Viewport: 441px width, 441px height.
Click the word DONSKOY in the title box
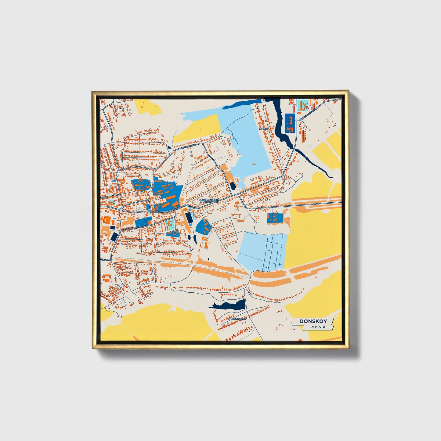point(313,321)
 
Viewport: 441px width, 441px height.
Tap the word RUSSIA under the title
point(318,327)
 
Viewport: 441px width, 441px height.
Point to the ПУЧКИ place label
point(263,129)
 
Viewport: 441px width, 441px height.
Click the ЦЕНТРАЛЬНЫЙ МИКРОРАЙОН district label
point(209,201)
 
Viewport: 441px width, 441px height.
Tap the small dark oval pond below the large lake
point(233,185)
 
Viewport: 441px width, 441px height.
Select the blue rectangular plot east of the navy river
point(290,123)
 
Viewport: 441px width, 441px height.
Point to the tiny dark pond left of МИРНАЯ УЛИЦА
point(169,149)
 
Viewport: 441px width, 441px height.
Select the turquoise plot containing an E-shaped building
point(171,224)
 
